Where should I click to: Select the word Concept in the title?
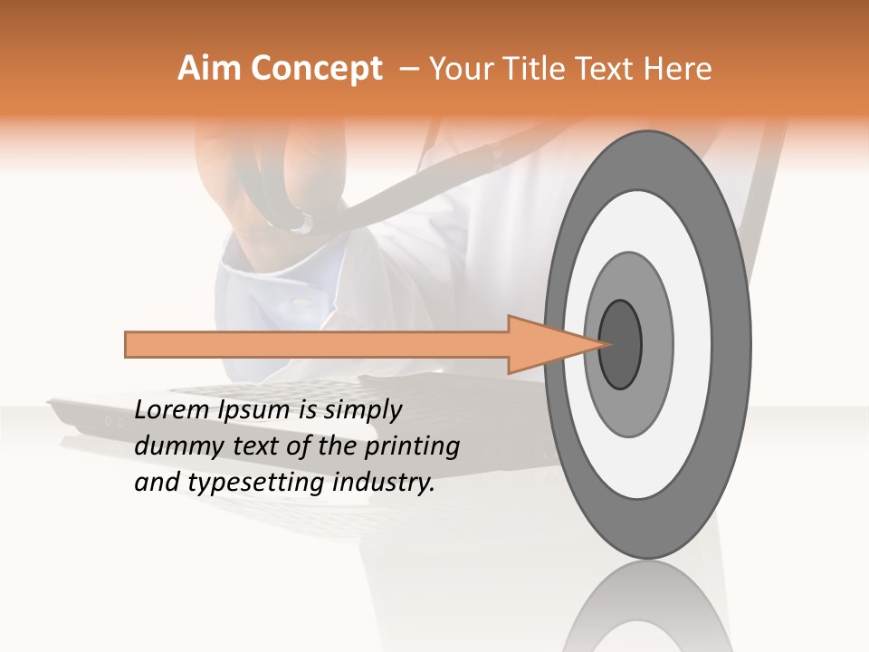[317, 69]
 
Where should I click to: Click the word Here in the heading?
[678, 69]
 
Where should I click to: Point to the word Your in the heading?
[458, 69]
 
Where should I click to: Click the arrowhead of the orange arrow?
[552, 344]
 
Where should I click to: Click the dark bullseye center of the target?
[621, 343]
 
